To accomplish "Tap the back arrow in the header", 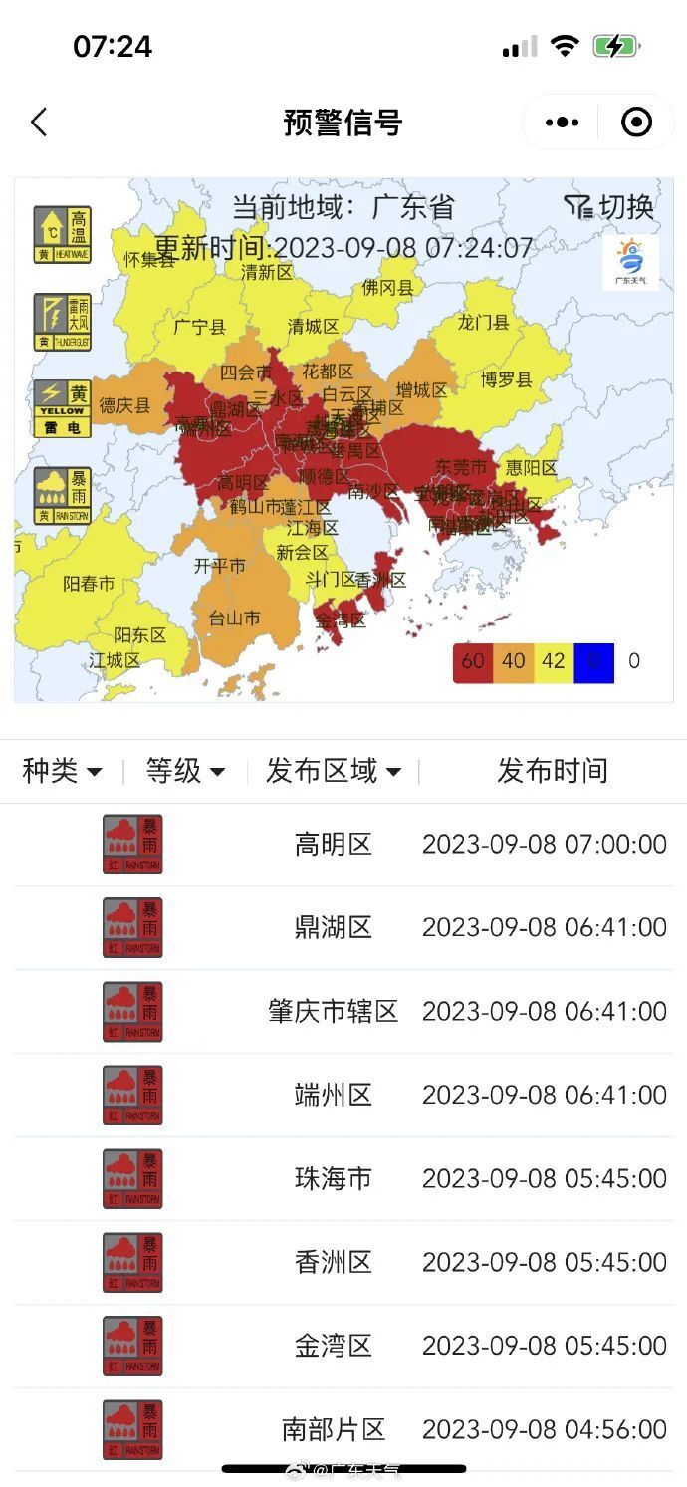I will click(x=39, y=123).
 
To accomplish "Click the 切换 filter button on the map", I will click(x=609, y=207).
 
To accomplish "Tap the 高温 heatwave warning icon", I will click(x=62, y=234).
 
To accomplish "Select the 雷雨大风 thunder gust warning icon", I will click(x=62, y=322).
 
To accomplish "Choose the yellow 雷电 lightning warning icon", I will click(x=62, y=408).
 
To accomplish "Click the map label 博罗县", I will click(x=506, y=379).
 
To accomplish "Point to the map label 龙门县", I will click(x=483, y=322).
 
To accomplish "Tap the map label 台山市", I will click(x=234, y=619).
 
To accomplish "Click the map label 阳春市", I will click(x=89, y=584).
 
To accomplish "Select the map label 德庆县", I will click(x=124, y=405).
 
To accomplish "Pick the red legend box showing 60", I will click(x=473, y=661).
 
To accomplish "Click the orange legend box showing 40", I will click(x=514, y=661).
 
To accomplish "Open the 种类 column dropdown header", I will click(x=62, y=770).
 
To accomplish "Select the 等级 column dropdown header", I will click(x=185, y=770).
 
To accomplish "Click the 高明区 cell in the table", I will click(x=333, y=845).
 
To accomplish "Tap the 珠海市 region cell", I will click(x=333, y=1179).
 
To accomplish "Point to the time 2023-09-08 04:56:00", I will click(x=544, y=1430).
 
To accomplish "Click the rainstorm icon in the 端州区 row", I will click(x=132, y=1096).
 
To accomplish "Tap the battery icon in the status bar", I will click(x=614, y=46).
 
